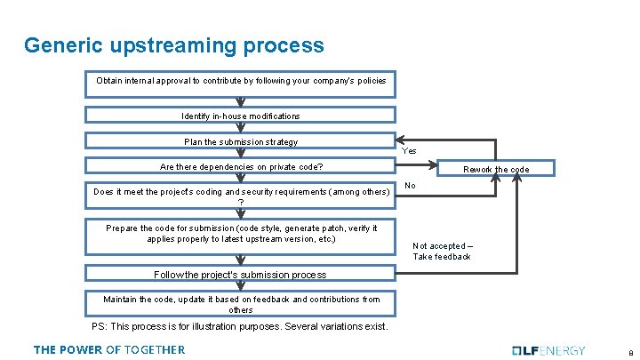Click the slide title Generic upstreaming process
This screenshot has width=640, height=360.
[x=174, y=44]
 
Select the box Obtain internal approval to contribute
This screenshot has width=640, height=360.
[x=241, y=81]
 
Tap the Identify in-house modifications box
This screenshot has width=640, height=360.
[x=241, y=116]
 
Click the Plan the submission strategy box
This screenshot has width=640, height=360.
[x=241, y=141]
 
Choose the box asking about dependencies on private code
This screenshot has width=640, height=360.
[x=241, y=167]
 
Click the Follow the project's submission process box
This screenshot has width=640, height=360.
[x=241, y=275]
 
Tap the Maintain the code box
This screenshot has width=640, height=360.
[x=241, y=304]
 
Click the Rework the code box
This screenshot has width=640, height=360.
[x=495, y=169]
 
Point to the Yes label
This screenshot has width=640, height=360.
[x=409, y=151]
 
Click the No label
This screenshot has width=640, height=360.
[x=409, y=186]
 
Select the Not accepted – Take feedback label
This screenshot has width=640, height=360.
[x=441, y=251]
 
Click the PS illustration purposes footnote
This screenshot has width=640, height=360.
[x=240, y=326]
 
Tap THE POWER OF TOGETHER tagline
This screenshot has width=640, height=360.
[x=109, y=349]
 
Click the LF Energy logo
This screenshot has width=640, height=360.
[x=550, y=349]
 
